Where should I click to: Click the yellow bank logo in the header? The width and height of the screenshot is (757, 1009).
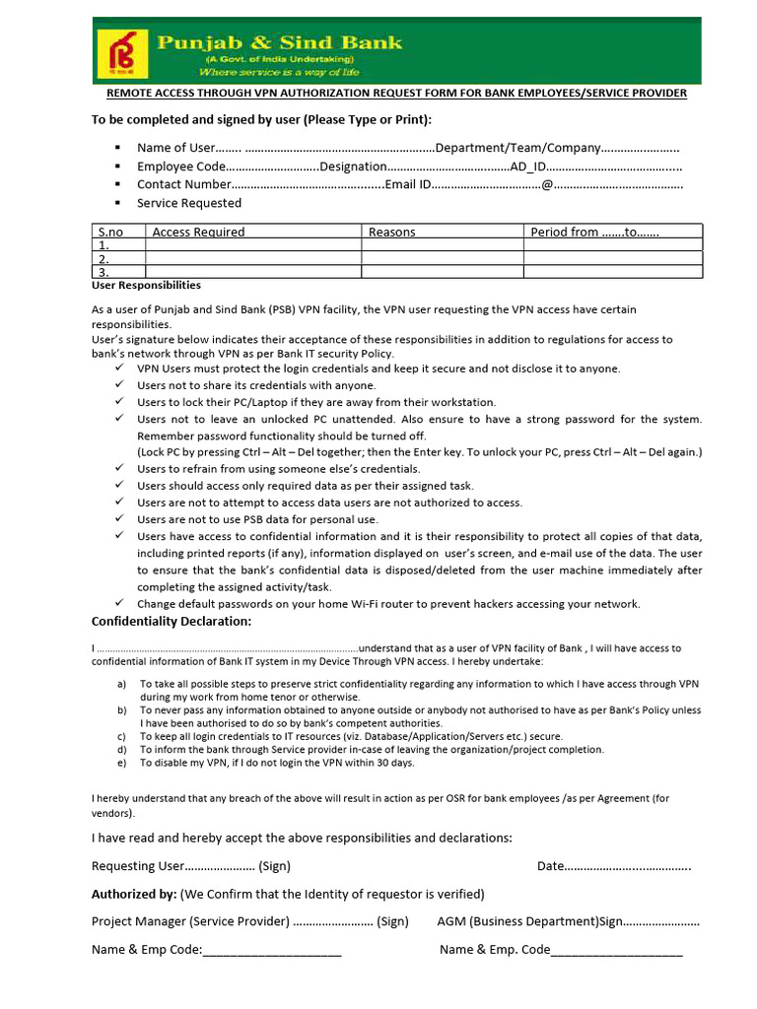120,54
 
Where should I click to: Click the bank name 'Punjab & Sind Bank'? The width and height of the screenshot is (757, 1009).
280,42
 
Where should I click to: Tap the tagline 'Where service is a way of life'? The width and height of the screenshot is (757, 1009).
279,72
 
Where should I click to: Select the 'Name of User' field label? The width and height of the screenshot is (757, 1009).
175,148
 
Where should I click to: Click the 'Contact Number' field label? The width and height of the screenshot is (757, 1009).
183,184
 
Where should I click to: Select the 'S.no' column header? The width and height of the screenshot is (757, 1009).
110,232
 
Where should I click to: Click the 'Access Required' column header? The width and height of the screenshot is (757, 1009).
198,232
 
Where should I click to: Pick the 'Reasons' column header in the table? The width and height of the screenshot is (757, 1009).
391,232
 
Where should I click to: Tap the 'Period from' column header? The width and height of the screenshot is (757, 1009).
564,232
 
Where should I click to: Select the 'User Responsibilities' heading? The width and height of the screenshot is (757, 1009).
146,285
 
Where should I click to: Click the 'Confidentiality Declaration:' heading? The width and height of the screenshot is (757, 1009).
172,621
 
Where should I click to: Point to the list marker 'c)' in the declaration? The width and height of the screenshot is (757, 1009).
121,736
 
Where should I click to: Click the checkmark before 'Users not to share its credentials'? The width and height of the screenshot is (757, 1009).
118,385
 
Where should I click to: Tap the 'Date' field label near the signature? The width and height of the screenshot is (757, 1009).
550,866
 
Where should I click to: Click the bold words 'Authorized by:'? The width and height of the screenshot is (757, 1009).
134,894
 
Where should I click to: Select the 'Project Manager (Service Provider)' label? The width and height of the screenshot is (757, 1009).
190,921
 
